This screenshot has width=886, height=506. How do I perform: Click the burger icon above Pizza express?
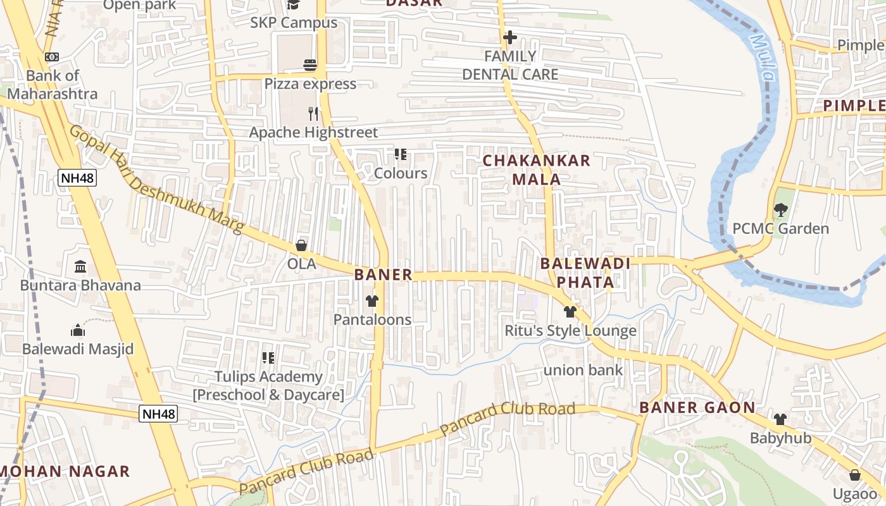[309, 65]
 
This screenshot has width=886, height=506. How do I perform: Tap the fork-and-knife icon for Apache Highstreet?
[313, 113]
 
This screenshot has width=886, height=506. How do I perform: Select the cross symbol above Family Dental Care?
[510, 37]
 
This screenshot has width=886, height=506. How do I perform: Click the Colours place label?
[401, 173]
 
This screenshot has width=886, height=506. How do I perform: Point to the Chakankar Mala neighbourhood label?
[537, 170]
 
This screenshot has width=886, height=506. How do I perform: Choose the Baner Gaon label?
[697, 407]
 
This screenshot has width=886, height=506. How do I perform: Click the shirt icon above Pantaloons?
[371, 301]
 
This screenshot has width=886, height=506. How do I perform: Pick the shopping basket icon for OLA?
[301, 245]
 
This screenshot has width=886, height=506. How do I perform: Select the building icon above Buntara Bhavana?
[80, 266]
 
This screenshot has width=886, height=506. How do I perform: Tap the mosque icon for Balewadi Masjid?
[78, 330]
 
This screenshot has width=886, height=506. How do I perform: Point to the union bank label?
[583, 370]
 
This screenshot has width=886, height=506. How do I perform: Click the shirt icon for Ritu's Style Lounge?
[570, 311]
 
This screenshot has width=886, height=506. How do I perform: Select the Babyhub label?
[780, 438]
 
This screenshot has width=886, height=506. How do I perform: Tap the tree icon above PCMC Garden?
[780, 209]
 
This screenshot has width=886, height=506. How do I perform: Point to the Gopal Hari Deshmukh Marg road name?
[156, 180]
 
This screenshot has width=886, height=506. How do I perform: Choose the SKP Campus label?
[294, 23]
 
